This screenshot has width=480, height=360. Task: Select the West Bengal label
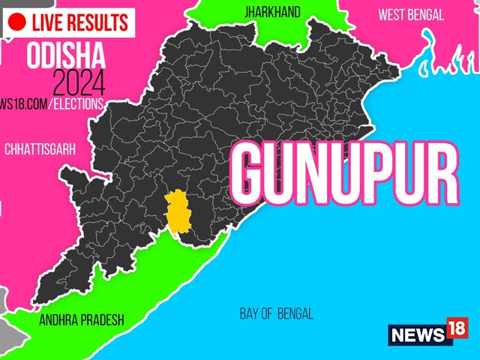(x=410, y=15)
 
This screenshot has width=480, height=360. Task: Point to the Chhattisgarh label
(x=40, y=150)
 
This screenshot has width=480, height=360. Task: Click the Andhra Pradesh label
(x=82, y=320)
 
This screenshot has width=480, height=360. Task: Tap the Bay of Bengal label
(x=276, y=313)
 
